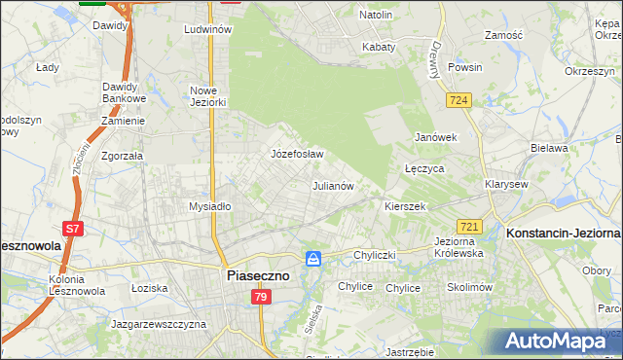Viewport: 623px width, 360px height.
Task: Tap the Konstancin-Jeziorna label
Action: (563, 234)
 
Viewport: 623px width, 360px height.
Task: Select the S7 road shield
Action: (73, 229)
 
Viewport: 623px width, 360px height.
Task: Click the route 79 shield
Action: (260, 297)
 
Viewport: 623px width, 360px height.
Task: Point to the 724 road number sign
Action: (459, 100)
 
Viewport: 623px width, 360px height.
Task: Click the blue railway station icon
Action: (313, 258)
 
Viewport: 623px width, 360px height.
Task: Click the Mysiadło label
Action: (209, 206)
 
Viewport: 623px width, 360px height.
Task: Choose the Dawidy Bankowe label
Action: (124, 92)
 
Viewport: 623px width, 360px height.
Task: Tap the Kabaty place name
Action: (379, 47)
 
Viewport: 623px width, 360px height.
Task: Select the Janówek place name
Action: (435, 137)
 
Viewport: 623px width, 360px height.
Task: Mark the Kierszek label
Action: (405, 206)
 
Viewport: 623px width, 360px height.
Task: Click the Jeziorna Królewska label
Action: (458, 246)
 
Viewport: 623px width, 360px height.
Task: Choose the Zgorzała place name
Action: (123, 155)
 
